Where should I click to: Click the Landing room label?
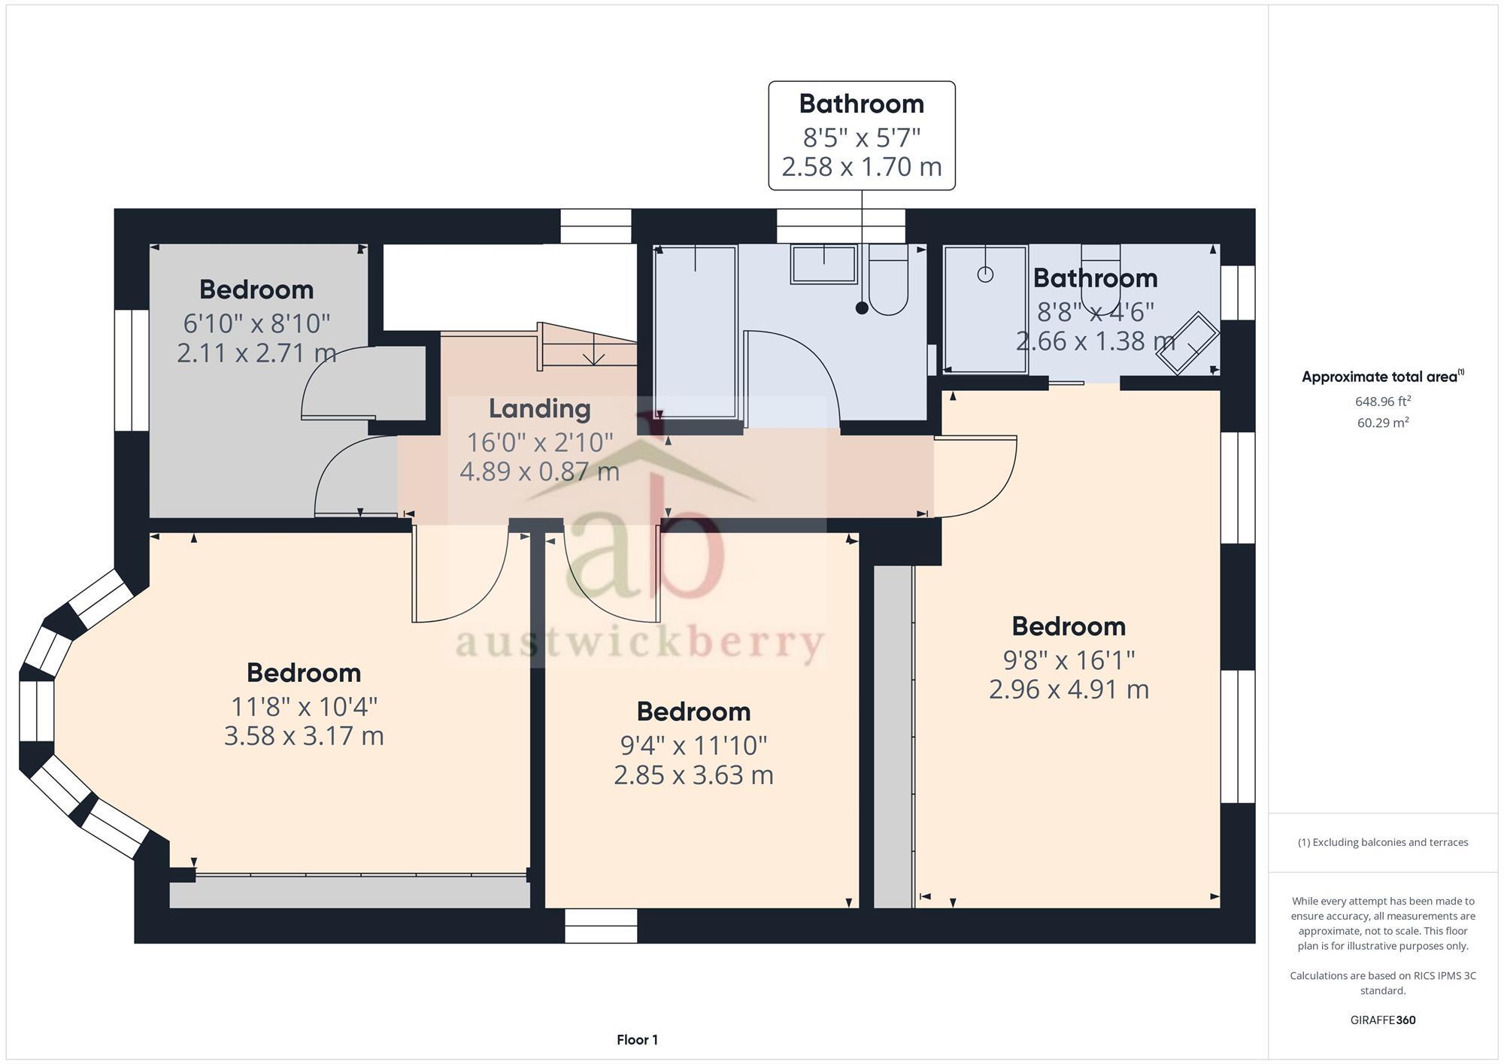pyautogui.click(x=539, y=409)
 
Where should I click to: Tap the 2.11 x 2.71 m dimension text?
pyautogui.click(x=256, y=353)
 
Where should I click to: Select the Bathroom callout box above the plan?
pyautogui.click(x=861, y=135)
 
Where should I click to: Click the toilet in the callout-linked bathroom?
pyautogui.click(x=888, y=282)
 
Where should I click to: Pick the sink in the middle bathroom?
pyautogui.click(x=823, y=265)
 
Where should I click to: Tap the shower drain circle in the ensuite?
pyautogui.click(x=985, y=274)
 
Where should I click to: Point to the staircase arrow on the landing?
pyautogui.click(x=594, y=353)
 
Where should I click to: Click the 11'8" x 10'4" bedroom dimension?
pyautogui.click(x=304, y=707)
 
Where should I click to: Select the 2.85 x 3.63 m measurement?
pyautogui.click(x=693, y=775)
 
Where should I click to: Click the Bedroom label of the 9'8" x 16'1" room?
pyautogui.click(x=1068, y=626)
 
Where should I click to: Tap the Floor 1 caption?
pyautogui.click(x=637, y=1040)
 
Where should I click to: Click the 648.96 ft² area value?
pyautogui.click(x=1382, y=402)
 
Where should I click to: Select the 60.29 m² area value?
pyautogui.click(x=1382, y=423)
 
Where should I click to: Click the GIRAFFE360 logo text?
pyautogui.click(x=1382, y=1020)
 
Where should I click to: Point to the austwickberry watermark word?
pyautogui.click(x=639, y=644)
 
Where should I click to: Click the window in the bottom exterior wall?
pyautogui.click(x=601, y=926)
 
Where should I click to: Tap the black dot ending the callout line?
pyautogui.click(x=862, y=308)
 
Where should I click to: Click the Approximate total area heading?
pyautogui.click(x=1382, y=377)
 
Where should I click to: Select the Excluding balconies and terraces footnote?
pyautogui.click(x=1382, y=842)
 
